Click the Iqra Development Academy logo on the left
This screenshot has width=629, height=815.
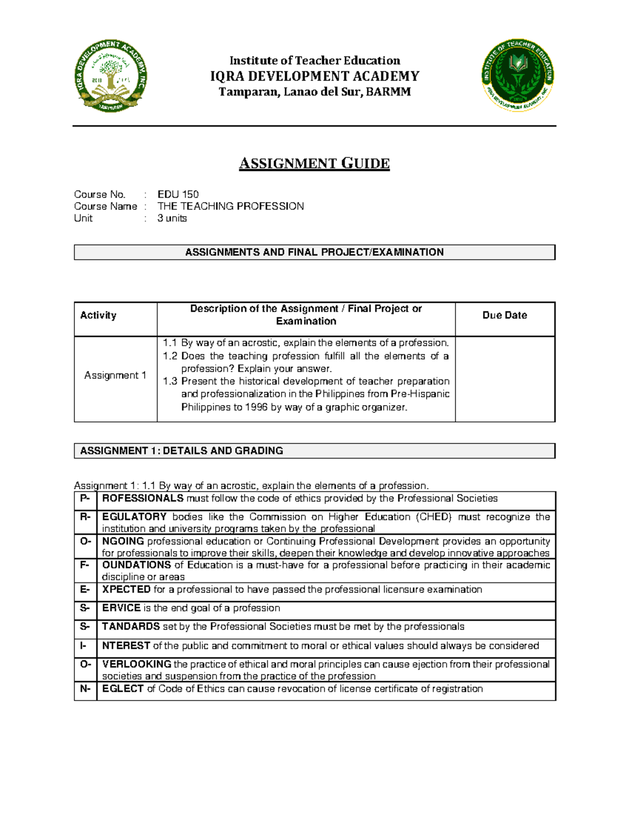click(x=111, y=76)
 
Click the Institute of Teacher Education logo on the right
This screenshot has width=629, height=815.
click(x=518, y=75)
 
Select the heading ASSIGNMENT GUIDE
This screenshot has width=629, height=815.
click(x=314, y=164)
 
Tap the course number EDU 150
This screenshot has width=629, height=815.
click(x=178, y=194)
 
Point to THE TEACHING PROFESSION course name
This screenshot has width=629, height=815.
click(x=231, y=206)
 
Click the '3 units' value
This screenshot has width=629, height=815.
click(x=172, y=218)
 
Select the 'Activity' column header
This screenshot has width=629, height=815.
click(x=98, y=315)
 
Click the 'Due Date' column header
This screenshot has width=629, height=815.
click(x=504, y=315)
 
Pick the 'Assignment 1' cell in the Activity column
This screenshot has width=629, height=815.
click(x=115, y=375)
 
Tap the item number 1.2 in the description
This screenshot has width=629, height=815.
click(x=170, y=356)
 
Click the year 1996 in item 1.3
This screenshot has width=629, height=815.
click(x=256, y=407)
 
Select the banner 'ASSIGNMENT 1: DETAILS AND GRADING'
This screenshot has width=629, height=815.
click(x=181, y=451)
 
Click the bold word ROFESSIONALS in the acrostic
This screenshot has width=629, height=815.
click(x=143, y=499)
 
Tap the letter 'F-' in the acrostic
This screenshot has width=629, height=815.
click(x=85, y=565)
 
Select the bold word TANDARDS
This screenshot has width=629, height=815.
click(x=131, y=627)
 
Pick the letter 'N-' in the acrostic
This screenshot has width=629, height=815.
click(x=85, y=689)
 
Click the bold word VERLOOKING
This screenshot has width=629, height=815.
click(x=136, y=664)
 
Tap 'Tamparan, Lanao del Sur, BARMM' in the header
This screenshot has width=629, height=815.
click(x=314, y=92)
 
